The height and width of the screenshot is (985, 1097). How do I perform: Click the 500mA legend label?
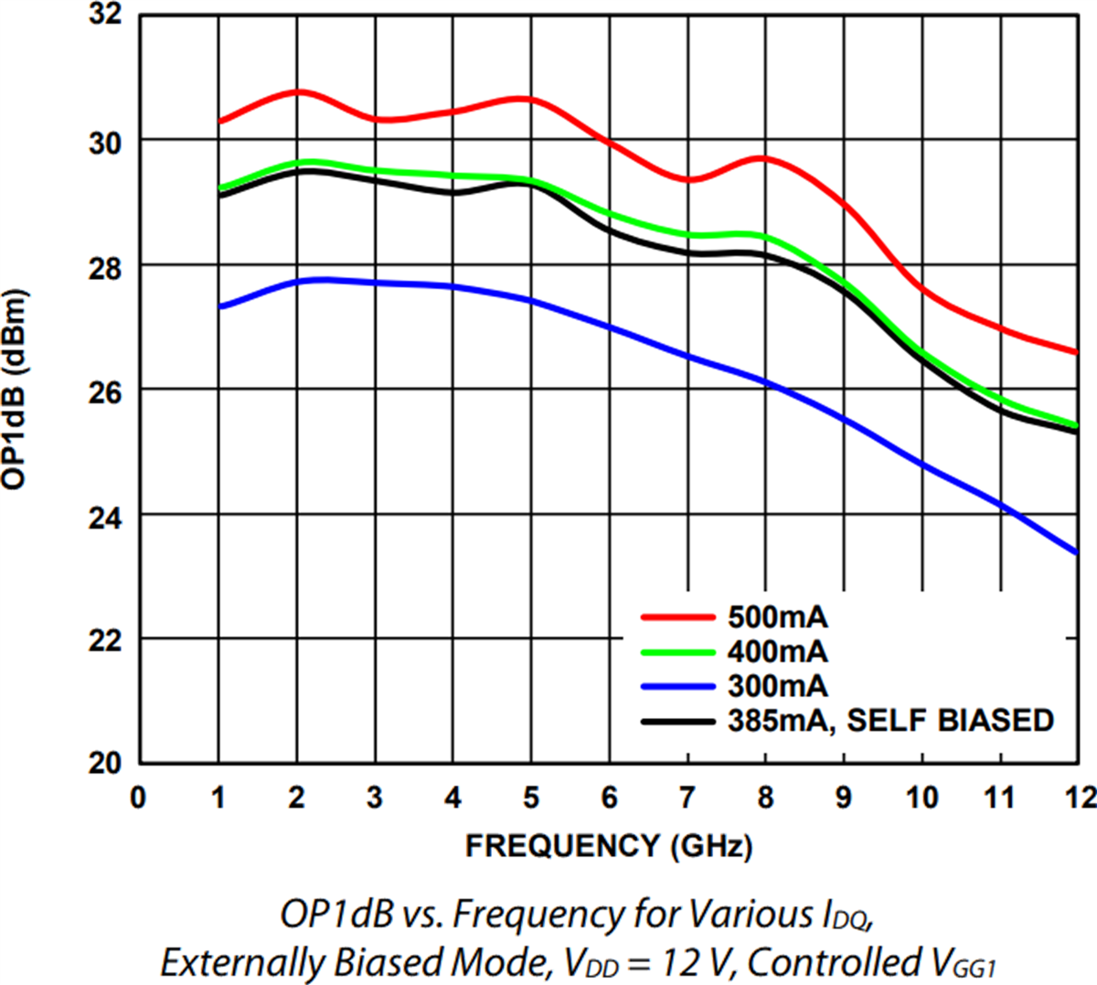pos(777,617)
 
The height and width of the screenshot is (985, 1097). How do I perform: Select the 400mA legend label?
pos(777,651)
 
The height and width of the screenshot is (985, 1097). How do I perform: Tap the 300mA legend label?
pos(777,686)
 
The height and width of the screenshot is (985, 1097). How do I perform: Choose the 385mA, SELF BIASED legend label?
pos(890,721)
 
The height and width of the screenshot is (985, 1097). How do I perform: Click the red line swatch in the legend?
pos(677,617)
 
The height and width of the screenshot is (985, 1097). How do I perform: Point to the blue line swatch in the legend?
pos(677,686)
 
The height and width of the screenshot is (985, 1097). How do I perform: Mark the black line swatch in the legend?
pos(677,721)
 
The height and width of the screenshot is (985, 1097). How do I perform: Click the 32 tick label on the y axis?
pos(106,16)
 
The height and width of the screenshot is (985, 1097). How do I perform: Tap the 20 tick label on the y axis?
pos(106,764)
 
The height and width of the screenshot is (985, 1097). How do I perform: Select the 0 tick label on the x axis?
pos(138,798)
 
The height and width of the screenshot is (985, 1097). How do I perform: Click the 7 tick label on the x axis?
pos(687,798)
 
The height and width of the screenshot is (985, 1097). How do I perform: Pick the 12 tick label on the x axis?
pos(1081,798)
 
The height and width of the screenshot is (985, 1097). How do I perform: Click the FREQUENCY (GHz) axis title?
pos(609,846)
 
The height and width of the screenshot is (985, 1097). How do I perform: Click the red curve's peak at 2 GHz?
pos(297,91)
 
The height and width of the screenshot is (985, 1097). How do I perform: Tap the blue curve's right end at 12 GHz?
pos(1080,552)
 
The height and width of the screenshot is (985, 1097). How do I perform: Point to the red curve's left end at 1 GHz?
pos(218,122)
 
